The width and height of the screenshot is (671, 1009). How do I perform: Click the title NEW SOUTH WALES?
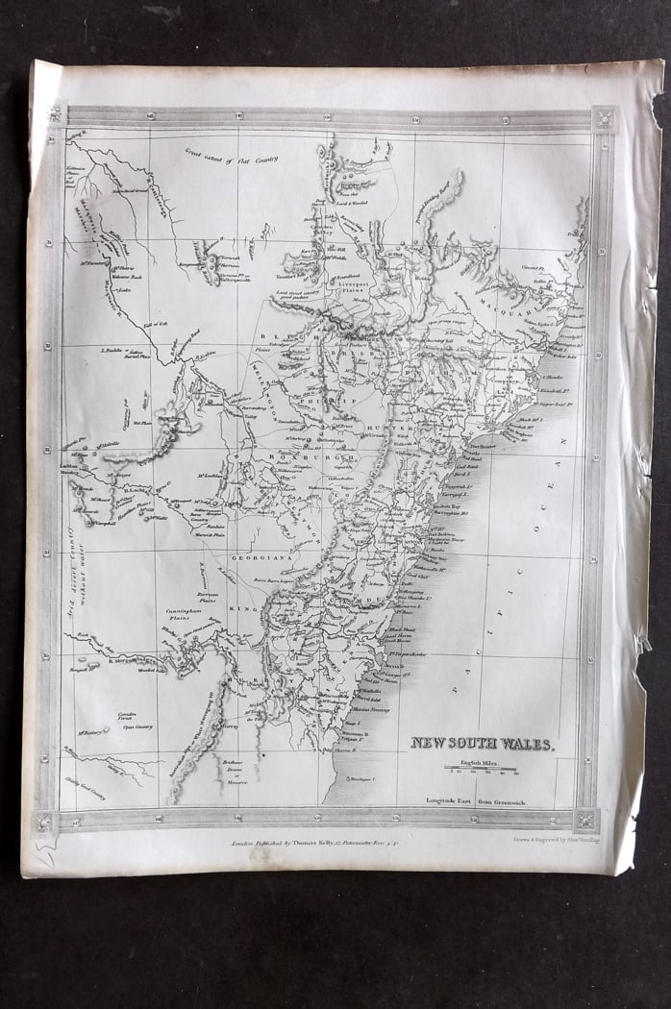point(482,743)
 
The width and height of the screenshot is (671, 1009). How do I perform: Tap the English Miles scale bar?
point(480,769)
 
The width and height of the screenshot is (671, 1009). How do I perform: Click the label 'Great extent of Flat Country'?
point(232,153)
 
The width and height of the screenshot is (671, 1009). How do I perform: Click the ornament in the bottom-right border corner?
point(586,820)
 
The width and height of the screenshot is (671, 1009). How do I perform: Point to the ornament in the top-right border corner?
point(603,118)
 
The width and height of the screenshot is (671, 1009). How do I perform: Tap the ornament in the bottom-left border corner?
point(43,823)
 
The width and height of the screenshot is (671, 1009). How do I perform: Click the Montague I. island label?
point(359,778)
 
